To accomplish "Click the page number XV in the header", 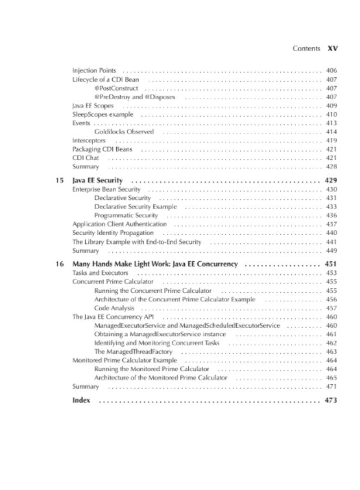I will (x=333, y=48).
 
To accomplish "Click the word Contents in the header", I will (x=306, y=48).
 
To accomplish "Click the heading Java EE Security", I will (x=98, y=180).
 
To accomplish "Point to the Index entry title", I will (x=81, y=400).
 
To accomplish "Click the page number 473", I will (x=331, y=400).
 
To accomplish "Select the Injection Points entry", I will (x=93, y=71).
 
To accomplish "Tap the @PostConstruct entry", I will (x=116, y=88).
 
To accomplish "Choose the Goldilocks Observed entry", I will (x=124, y=132).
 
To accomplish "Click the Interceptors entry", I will (x=89, y=140).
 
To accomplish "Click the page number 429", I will (x=331, y=180).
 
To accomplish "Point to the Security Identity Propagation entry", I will (x=113, y=233).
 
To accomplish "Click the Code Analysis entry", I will (x=114, y=308).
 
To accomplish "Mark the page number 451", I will (x=331, y=264).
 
